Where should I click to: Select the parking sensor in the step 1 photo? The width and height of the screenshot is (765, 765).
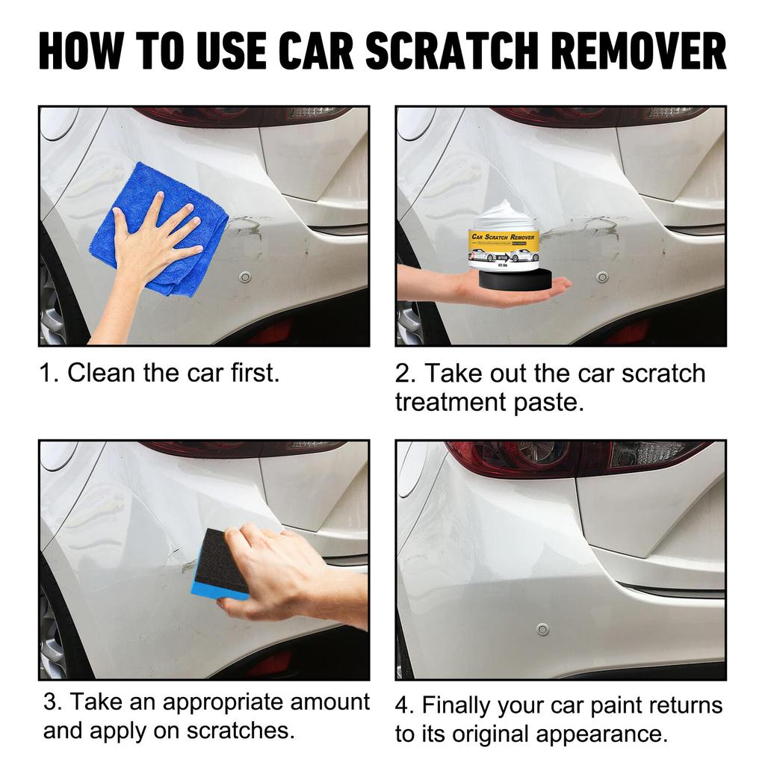[245, 277]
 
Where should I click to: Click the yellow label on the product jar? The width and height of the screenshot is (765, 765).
[504, 243]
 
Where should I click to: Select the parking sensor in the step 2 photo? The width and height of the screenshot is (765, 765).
[602, 277]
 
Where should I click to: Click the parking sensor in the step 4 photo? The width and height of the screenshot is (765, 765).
[542, 629]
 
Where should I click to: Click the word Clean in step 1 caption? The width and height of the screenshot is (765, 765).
[102, 373]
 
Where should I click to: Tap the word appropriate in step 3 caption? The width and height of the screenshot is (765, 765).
[222, 702]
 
